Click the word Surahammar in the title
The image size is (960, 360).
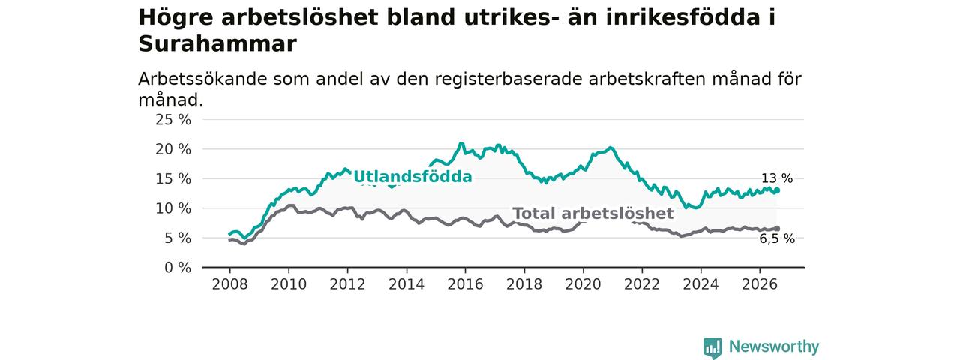217,43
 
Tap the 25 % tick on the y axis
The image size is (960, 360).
173,119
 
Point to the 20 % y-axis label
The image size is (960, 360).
173,149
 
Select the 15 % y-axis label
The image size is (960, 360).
173,178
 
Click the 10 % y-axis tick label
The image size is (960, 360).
173,208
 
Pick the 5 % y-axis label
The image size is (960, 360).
178,238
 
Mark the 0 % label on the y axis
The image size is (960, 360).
178,268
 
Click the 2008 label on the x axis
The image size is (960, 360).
229,284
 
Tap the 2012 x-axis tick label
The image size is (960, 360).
347,284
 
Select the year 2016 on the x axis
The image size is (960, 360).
466,284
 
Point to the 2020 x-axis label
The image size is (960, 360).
583,284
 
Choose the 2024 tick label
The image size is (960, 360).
700,284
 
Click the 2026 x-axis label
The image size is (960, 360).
760,284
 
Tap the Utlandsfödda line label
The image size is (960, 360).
412,176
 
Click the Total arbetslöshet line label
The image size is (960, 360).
593,214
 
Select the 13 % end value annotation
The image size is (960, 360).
777,178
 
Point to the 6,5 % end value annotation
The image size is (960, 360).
777,238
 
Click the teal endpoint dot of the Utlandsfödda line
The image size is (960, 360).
777,190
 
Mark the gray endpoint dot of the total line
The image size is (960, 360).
777,229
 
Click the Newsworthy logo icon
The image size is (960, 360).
712,346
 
